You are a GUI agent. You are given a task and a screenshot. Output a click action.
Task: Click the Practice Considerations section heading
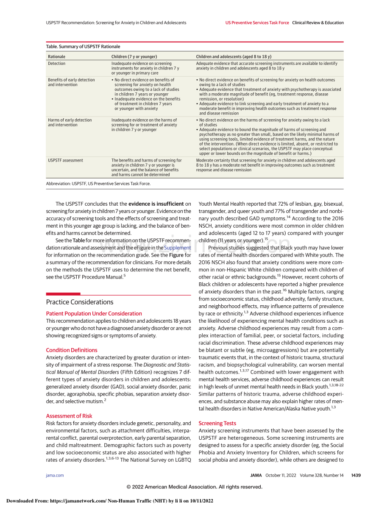(x=80, y=302)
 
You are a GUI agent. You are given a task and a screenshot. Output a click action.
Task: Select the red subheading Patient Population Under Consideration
(x=94, y=313)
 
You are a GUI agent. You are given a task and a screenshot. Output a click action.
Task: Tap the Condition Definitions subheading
(x=72, y=350)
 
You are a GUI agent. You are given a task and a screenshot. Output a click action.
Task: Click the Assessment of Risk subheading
(x=69, y=416)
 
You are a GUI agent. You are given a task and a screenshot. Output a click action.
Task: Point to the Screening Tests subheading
(x=217, y=423)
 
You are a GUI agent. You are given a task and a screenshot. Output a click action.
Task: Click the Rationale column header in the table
(x=57, y=56)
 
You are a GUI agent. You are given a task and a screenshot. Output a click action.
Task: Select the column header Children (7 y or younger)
(x=134, y=56)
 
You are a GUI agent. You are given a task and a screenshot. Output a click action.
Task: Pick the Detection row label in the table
(x=57, y=64)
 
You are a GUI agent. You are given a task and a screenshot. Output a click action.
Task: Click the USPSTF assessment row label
(x=65, y=160)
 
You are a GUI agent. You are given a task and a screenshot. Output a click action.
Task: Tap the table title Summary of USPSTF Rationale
(x=83, y=47)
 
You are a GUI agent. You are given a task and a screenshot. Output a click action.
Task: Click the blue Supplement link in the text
(x=178, y=248)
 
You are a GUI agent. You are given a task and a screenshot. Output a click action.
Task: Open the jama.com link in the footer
(x=55, y=475)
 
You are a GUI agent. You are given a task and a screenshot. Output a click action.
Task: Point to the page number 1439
(x=356, y=475)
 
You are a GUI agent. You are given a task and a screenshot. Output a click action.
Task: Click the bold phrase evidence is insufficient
(x=156, y=204)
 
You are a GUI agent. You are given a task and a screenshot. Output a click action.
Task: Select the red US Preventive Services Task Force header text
(x=257, y=23)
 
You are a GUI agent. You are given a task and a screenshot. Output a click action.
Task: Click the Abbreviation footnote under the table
(x=98, y=184)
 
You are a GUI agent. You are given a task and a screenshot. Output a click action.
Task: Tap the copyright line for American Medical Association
(x=195, y=487)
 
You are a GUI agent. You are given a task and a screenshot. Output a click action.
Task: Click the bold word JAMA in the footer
(x=256, y=475)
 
